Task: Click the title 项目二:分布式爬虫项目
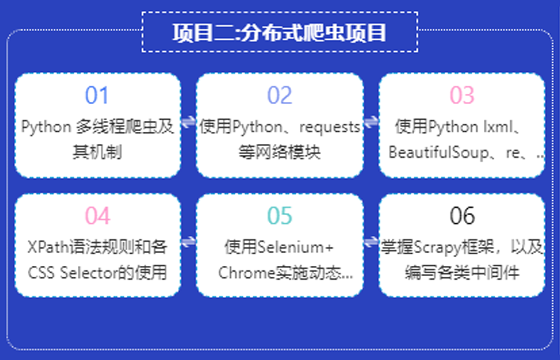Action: [279, 33]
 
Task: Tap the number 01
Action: [97, 95]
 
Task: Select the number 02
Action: [280, 95]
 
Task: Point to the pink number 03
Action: [462, 95]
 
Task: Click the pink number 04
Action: [97, 216]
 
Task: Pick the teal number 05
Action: [280, 216]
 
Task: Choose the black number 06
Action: [462, 216]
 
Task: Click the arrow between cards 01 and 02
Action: [188, 121]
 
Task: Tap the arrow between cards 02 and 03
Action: [371, 121]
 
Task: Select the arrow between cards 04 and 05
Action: [188, 242]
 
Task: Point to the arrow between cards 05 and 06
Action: [371, 242]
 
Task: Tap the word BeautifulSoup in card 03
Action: [439, 152]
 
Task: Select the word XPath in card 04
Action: [48, 247]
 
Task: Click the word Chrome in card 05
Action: [247, 273]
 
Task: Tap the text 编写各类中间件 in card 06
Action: [462, 273]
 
